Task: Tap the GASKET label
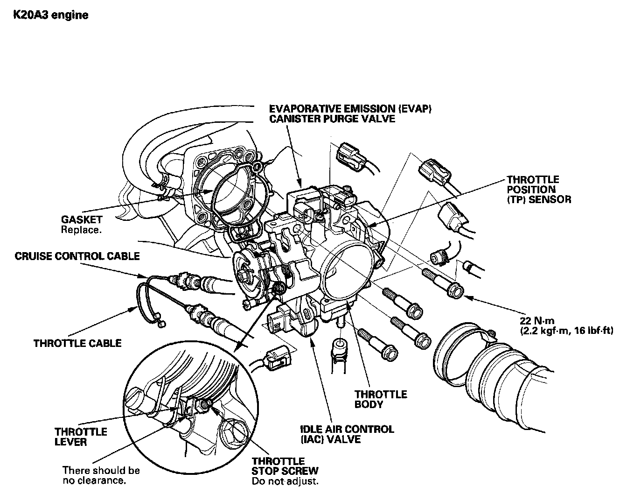tap(81, 219)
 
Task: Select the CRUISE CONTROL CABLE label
tap(77, 256)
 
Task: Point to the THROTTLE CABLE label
tap(77, 343)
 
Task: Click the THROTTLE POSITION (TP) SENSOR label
tap(538, 189)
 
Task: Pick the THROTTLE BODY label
tap(380, 399)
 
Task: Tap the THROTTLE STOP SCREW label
tap(285, 466)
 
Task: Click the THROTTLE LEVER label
tap(81, 437)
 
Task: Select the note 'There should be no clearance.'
tap(101, 475)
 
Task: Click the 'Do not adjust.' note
tap(285, 481)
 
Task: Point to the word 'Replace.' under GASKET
tap(81, 230)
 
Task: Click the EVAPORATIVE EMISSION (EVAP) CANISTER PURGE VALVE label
tap(350, 113)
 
